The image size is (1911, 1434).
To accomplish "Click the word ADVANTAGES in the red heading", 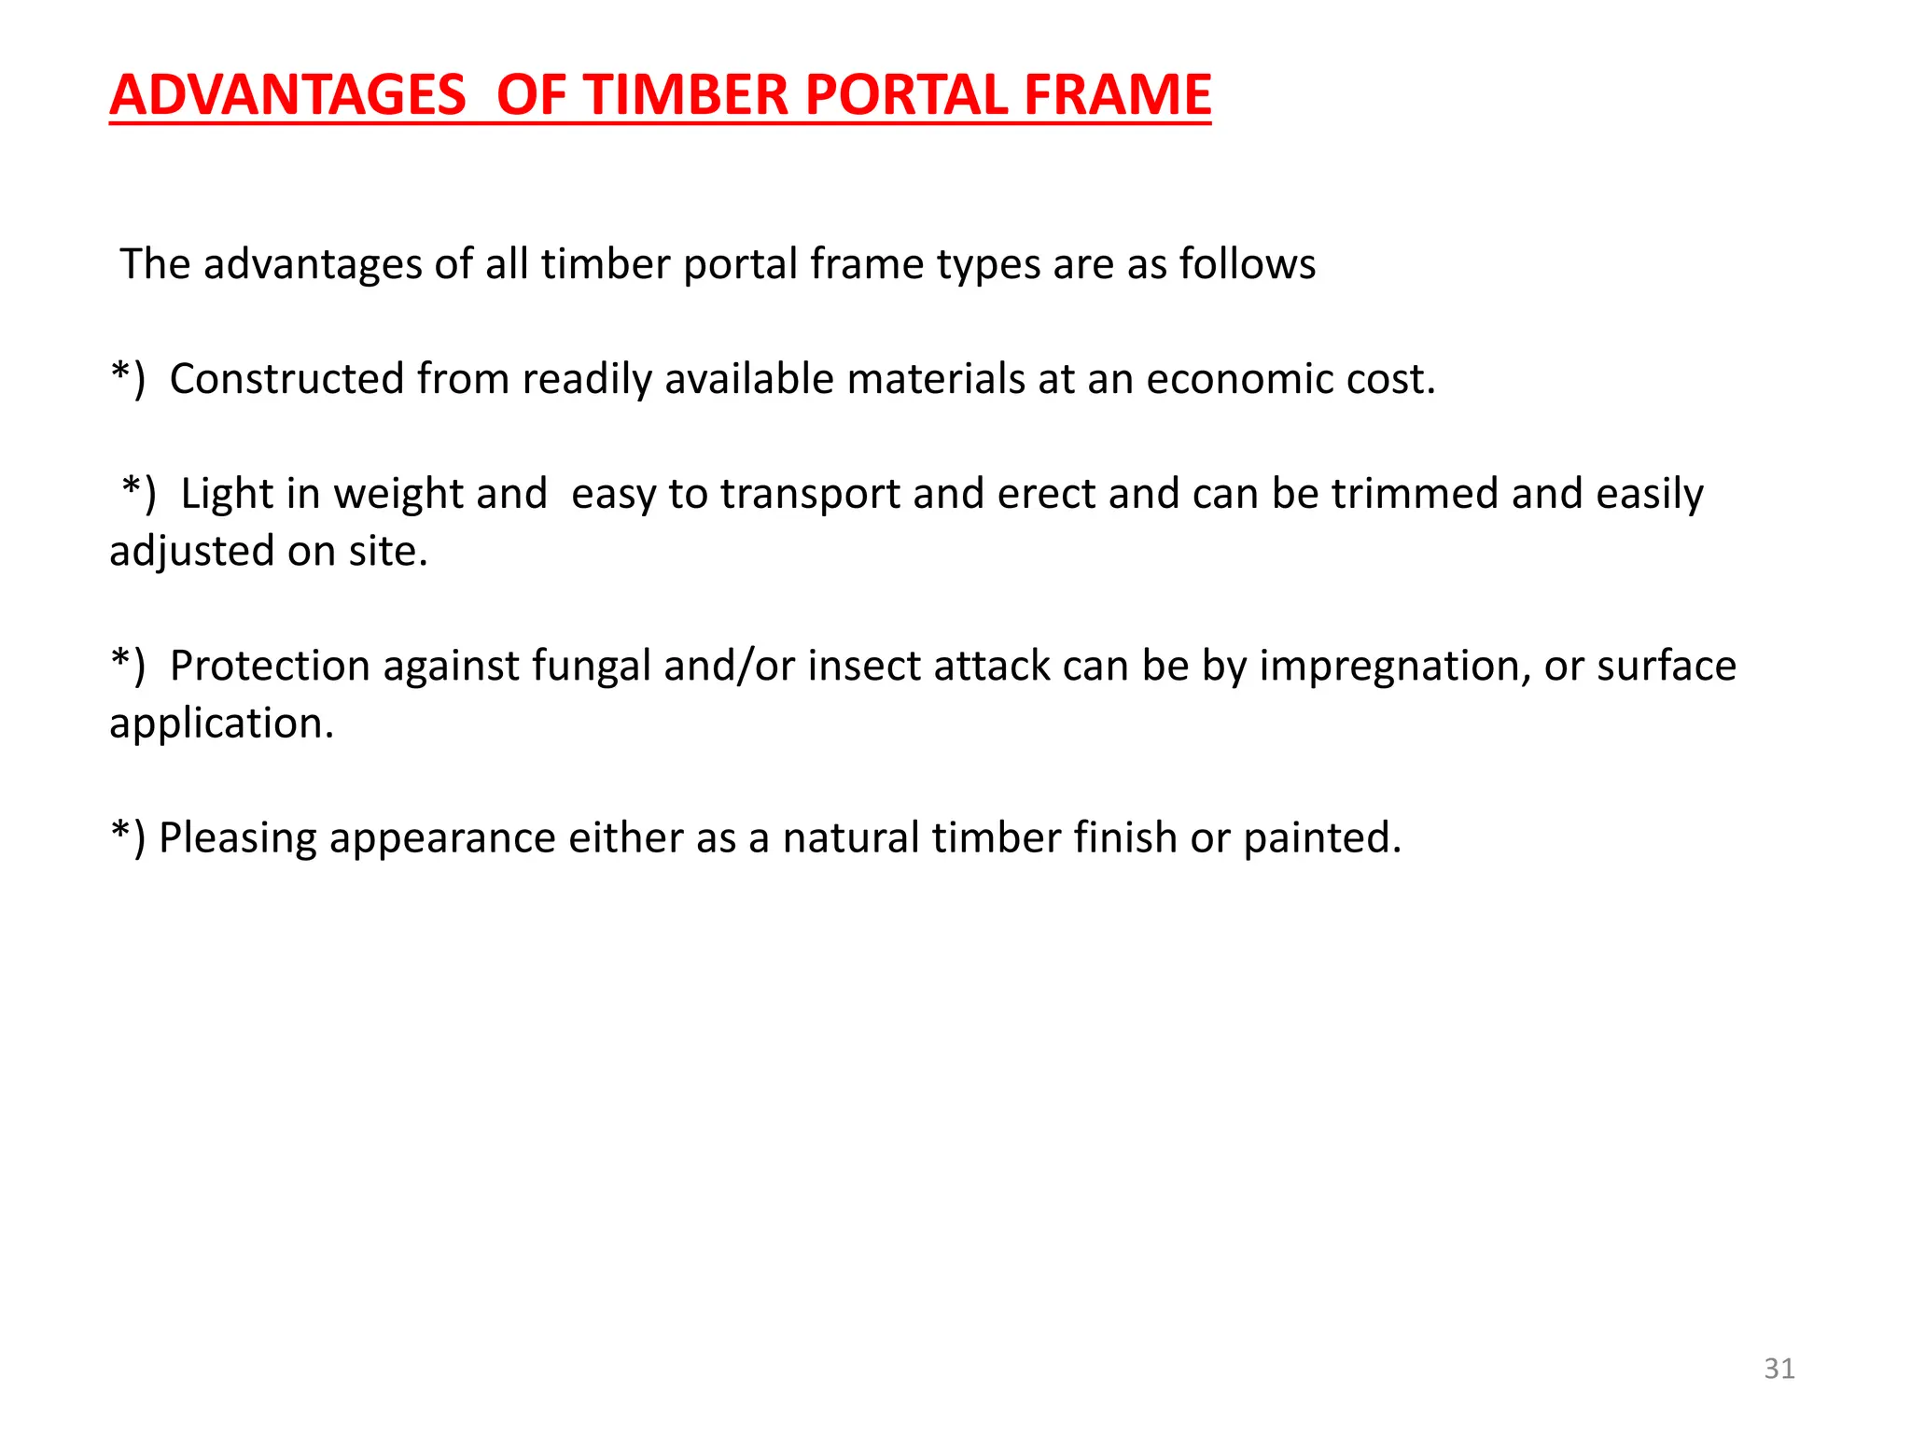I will [x=287, y=95].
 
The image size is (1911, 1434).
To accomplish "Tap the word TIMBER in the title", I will [x=687, y=95].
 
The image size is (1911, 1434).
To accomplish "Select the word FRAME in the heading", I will [x=1117, y=95].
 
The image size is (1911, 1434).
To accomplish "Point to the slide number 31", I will [x=1778, y=1369].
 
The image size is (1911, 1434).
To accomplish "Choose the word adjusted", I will [x=192, y=552].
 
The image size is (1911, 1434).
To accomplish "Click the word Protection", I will [x=270, y=667].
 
